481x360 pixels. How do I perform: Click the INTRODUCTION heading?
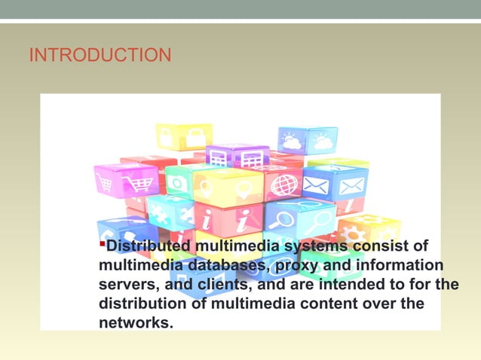[x=100, y=55]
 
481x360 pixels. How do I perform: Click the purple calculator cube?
[x=237, y=156]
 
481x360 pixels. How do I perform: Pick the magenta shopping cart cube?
[x=126, y=181]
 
